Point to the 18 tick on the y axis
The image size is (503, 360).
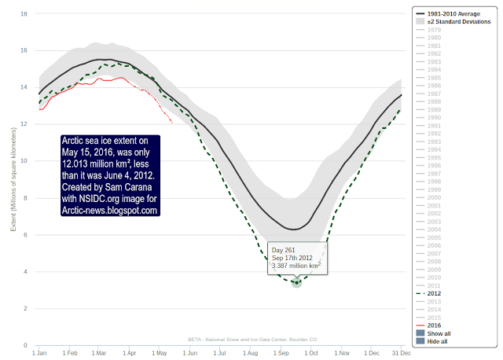(25, 13)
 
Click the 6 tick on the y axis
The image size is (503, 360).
(27, 235)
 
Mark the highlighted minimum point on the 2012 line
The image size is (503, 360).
(296, 282)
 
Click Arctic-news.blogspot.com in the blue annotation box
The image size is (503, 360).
(110, 210)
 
